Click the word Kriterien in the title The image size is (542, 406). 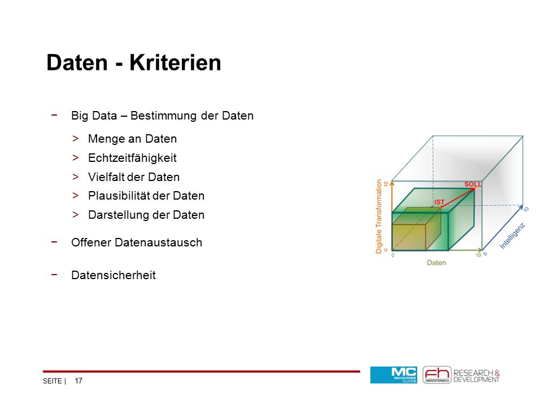[175, 63]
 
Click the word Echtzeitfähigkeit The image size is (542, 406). [132, 158]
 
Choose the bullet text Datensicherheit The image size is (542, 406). [113, 275]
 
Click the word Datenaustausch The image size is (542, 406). [159, 242]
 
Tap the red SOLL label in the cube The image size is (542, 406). [473, 184]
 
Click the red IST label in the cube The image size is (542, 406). [439, 202]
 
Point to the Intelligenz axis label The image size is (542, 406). [512, 236]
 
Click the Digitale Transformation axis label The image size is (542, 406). [379, 217]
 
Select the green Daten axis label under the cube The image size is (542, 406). [436, 263]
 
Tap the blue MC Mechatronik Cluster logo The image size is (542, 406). [394, 375]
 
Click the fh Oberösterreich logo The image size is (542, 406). [437, 375]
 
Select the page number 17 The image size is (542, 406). [78, 381]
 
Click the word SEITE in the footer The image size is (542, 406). [52, 381]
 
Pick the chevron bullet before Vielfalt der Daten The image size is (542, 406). [75, 176]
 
